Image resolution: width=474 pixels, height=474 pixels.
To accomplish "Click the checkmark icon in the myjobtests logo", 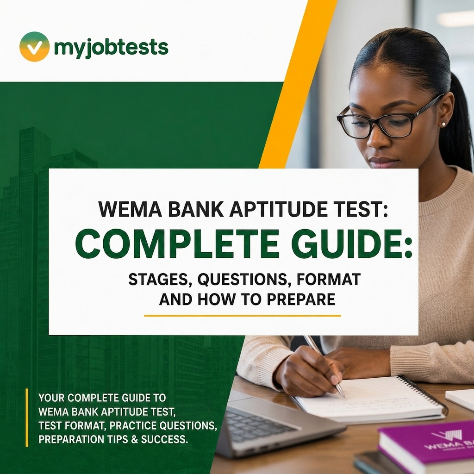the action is [x=34, y=47].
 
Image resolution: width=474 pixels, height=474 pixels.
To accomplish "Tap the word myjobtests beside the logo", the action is [x=111, y=48].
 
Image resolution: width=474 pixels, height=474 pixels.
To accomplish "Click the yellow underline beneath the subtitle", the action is [x=242, y=316].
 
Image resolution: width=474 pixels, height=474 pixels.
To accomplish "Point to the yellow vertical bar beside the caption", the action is [x=27, y=418].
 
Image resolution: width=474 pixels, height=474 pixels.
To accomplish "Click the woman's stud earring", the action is [x=443, y=124].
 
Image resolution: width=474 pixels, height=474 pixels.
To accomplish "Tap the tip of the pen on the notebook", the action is [x=344, y=396].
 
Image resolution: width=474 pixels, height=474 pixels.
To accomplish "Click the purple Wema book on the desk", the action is [x=426, y=447].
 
